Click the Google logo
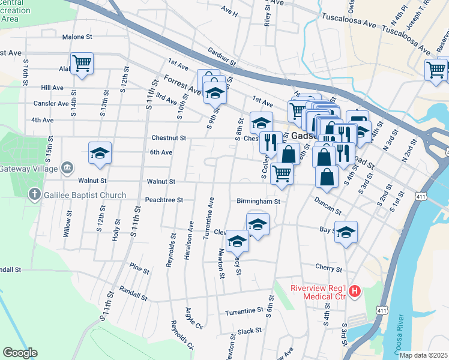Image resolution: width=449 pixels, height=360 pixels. pos(20,353)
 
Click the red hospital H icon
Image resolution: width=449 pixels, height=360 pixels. pos(355,292)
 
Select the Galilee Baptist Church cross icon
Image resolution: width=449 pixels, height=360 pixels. pos(35,194)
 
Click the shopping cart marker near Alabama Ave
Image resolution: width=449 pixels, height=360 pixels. pos(82,63)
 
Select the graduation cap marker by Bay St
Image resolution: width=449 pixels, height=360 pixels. pos(346,232)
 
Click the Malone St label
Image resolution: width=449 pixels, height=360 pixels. pos(77,37)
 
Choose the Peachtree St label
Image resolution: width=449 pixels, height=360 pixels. pos(163,200)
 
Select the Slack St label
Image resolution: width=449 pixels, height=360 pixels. pos(250,331)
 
